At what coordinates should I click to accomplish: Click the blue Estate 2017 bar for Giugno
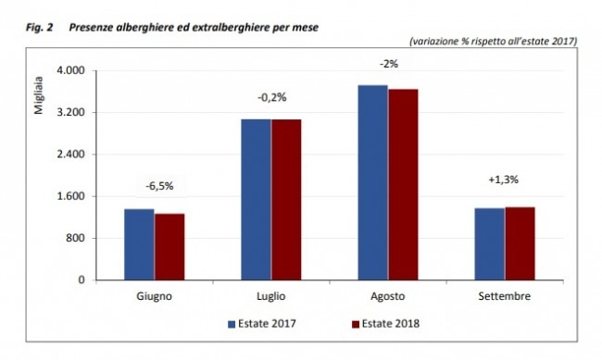(x=139, y=244)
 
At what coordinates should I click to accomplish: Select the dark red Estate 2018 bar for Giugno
(x=169, y=247)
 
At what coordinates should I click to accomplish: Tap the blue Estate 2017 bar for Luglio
(x=256, y=200)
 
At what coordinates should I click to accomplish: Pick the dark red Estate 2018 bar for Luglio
(x=286, y=200)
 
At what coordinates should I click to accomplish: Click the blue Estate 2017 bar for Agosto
(x=373, y=182)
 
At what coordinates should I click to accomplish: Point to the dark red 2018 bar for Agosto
(x=403, y=184)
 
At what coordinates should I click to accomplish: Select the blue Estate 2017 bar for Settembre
(x=490, y=244)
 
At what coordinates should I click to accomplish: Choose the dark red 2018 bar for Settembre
(x=520, y=243)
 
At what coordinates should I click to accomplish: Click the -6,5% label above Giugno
(x=159, y=186)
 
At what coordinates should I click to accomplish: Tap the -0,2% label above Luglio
(x=272, y=97)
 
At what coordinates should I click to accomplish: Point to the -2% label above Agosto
(x=389, y=64)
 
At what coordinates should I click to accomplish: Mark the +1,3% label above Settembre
(x=503, y=180)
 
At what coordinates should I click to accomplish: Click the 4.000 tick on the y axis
(x=71, y=70)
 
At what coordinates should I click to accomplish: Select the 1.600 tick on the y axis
(x=71, y=196)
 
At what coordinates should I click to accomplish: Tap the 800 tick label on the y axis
(x=76, y=238)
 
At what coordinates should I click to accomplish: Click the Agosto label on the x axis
(x=388, y=296)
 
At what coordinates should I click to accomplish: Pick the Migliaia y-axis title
(x=39, y=95)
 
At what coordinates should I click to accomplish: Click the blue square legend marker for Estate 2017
(x=232, y=324)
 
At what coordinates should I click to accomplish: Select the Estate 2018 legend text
(x=391, y=324)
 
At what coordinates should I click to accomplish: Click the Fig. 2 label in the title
(x=39, y=28)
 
